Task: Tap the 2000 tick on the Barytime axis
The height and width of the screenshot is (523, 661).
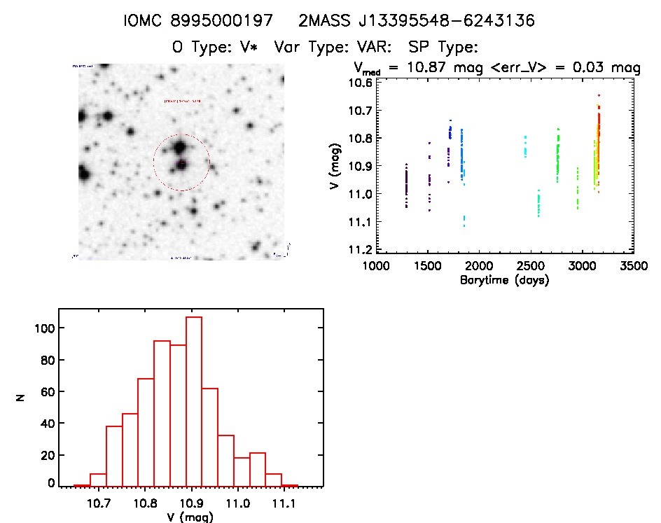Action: pyautogui.click(x=479, y=266)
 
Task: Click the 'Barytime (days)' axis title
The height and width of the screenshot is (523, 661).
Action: pyautogui.click(x=504, y=279)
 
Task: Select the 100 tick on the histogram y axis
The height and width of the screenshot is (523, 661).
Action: pyautogui.click(x=41, y=328)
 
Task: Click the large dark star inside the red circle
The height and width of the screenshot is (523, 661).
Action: pyautogui.click(x=179, y=148)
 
